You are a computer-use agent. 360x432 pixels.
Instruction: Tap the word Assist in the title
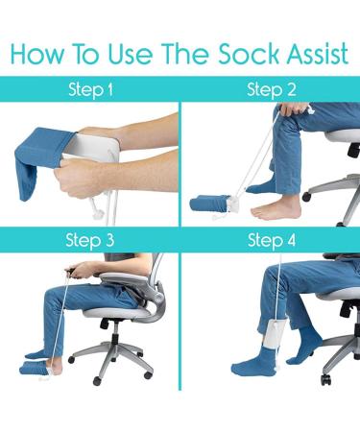pyautogui.click(x=317, y=54)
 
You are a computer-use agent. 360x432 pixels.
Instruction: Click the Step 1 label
pyautogui.click(x=91, y=89)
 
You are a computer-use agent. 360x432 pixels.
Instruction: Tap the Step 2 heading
pyautogui.click(x=272, y=89)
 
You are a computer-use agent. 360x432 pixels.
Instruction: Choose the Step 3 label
pyautogui.click(x=89, y=240)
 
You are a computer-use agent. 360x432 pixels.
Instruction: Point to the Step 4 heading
pyautogui.click(x=272, y=240)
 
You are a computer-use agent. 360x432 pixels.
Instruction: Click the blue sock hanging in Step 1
pyautogui.click(x=41, y=160)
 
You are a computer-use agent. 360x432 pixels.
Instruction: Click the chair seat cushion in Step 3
pyautogui.click(x=117, y=313)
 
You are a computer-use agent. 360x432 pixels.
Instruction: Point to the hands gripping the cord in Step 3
pyautogui.click(x=77, y=271)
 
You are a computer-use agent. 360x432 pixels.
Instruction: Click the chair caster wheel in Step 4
pyautogui.click(x=325, y=379)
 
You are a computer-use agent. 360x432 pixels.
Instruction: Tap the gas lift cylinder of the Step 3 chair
pyautogui.click(x=112, y=333)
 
